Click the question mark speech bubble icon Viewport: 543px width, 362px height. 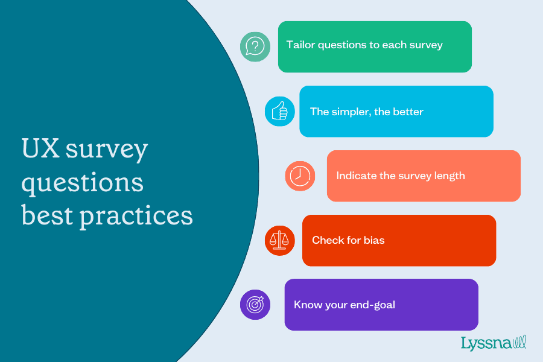[x=255, y=46]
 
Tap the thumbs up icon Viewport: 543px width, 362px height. [x=280, y=111]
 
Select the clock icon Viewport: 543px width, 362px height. [x=300, y=176]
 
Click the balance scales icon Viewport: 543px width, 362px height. [x=279, y=240]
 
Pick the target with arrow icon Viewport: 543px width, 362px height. [x=255, y=305]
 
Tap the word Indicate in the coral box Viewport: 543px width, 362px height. [x=356, y=176]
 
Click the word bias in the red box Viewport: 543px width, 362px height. [x=374, y=240]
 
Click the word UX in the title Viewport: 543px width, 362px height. [x=40, y=148]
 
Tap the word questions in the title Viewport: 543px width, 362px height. [x=83, y=182]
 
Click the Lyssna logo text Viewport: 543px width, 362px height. [x=486, y=343]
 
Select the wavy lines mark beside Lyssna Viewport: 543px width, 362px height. [x=519, y=343]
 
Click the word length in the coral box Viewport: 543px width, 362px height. [x=449, y=176]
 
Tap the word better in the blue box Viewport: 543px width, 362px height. [x=408, y=112]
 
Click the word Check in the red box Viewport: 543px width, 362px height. [x=328, y=240]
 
